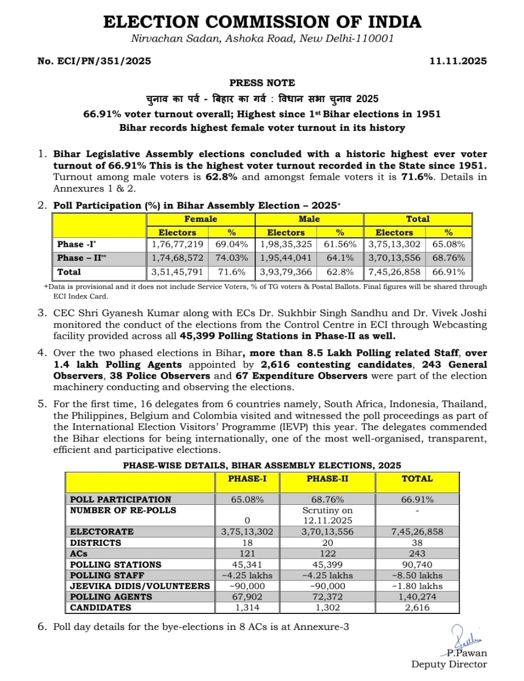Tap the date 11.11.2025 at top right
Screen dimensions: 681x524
click(x=458, y=61)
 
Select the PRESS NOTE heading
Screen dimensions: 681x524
click(x=262, y=82)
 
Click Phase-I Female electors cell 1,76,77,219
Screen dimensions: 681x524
click(x=177, y=244)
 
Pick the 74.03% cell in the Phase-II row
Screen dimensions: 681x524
click(x=231, y=258)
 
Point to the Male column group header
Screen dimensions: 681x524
click(x=309, y=219)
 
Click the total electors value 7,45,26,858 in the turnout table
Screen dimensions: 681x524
click(x=394, y=272)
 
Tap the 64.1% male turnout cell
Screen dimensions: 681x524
click(x=340, y=258)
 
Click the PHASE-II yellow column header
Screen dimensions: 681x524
click(x=327, y=478)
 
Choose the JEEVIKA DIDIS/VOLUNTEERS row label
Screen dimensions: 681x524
click(x=140, y=586)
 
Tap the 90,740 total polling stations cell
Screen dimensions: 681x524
click(x=417, y=564)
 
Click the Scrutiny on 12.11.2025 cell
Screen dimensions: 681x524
click(x=327, y=516)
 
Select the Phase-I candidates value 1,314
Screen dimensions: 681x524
click(x=247, y=608)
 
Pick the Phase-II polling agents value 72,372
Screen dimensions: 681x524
click(x=327, y=597)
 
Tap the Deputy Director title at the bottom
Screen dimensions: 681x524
click(x=448, y=664)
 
